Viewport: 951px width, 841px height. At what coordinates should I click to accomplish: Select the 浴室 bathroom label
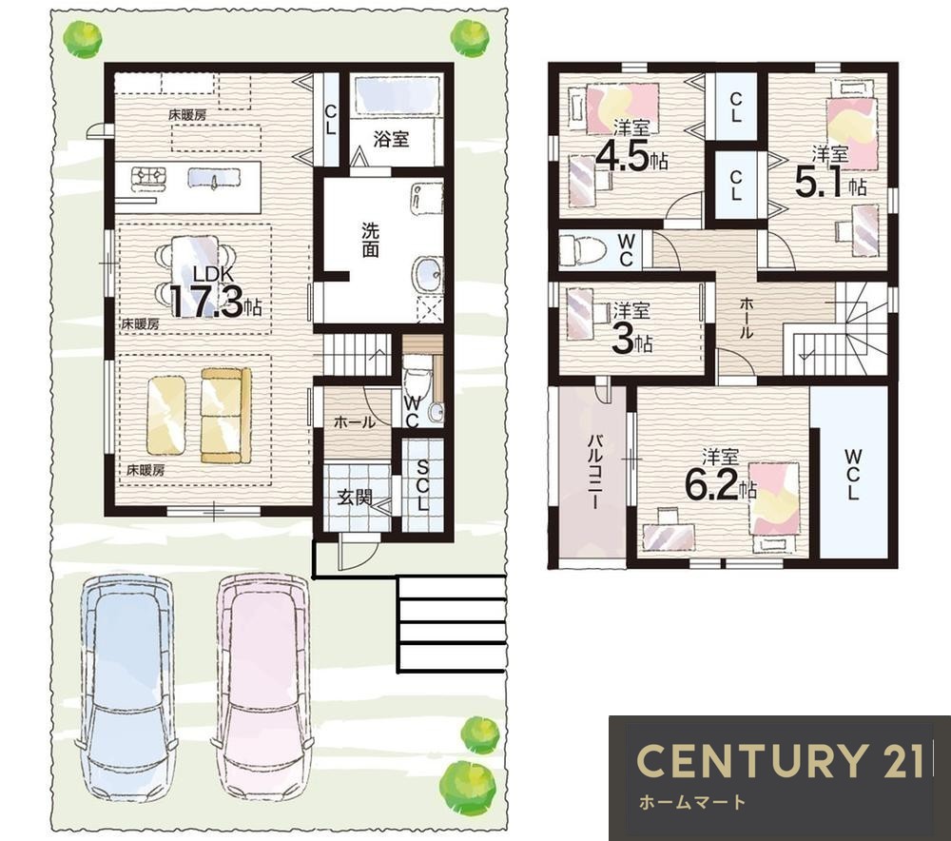(x=391, y=139)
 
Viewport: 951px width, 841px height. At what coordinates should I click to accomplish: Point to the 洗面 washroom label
(x=370, y=241)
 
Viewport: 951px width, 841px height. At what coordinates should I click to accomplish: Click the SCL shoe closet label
(x=423, y=484)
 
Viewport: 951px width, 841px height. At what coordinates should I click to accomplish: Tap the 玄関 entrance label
(x=354, y=499)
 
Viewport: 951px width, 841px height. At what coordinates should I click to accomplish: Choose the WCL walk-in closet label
(x=852, y=474)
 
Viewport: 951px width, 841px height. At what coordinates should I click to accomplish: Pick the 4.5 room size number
(x=623, y=157)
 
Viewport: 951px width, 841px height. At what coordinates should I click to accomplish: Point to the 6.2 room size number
(x=710, y=483)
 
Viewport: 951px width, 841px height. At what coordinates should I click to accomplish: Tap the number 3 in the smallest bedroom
(x=623, y=340)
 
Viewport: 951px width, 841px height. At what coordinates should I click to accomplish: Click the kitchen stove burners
(x=149, y=175)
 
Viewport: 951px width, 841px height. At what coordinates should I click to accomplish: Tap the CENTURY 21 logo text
(x=780, y=760)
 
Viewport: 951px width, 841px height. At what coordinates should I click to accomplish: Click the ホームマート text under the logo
(x=692, y=803)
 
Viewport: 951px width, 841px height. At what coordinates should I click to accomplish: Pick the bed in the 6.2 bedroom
(x=773, y=507)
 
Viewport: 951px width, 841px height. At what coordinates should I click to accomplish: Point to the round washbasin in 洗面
(x=428, y=274)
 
